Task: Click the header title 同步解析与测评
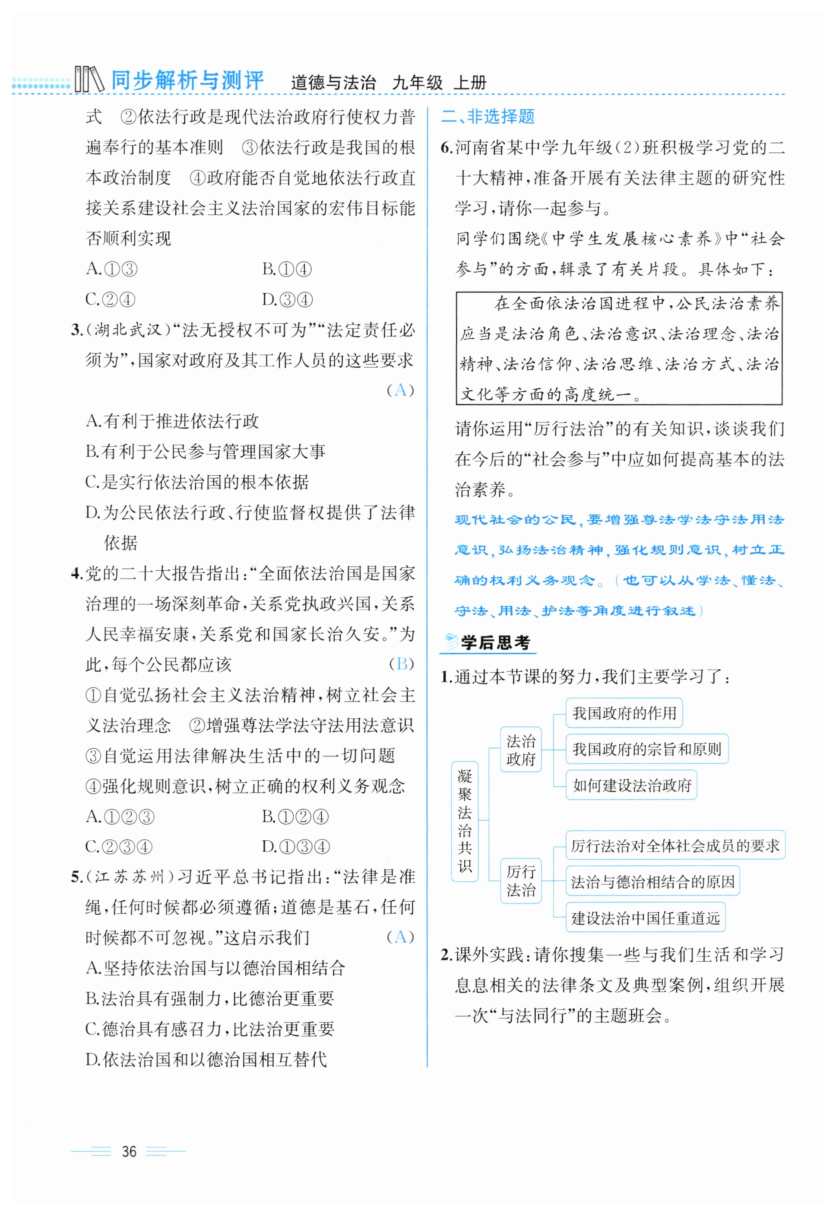187,81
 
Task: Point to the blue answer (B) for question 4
401,664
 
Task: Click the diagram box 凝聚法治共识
465,821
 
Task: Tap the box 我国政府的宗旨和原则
646,749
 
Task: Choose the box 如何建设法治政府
631,785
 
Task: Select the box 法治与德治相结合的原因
652,881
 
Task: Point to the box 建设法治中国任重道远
645,918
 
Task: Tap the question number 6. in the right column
446,148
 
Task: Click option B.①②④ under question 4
295,817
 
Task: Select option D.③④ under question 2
287,300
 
